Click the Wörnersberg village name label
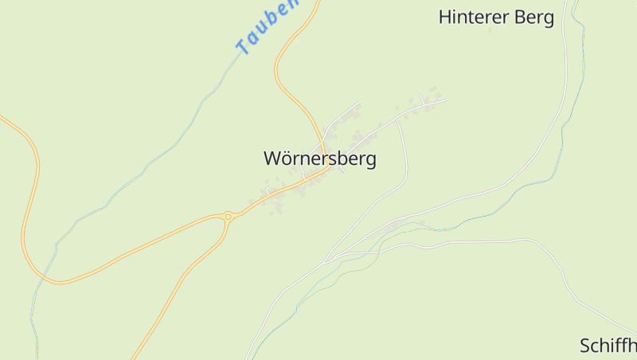click(x=320, y=158)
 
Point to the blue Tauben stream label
click(x=268, y=27)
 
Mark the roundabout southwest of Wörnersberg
click(x=229, y=216)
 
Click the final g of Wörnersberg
click(x=370, y=160)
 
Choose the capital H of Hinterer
click(x=445, y=18)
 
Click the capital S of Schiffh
click(x=585, y=346)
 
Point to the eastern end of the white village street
click(x=446, y=100)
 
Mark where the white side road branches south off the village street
click(x=398, y=123)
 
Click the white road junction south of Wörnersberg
click(x=326, y=259)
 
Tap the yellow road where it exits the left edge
click(x=2, y=117)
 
